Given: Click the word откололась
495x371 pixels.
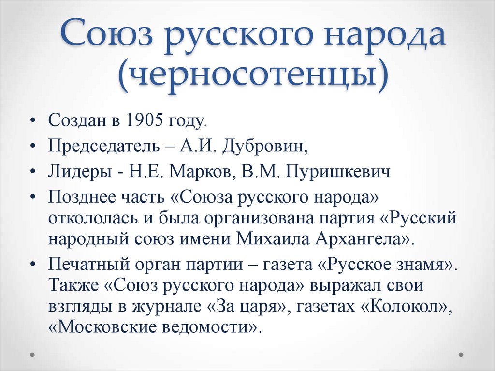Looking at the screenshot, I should (92, 218).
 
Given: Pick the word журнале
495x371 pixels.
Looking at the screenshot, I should (151, 307).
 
